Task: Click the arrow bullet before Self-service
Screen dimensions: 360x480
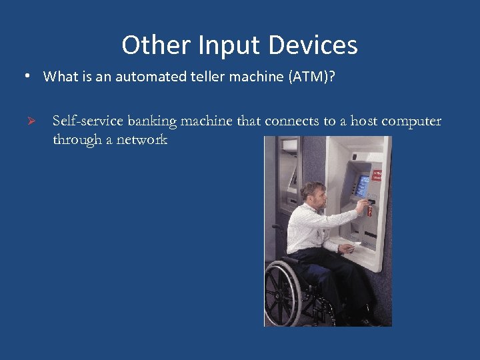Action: [29, 121]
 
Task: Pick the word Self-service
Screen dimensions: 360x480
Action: [87, 121]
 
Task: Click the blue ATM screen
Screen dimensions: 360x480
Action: [363, 187]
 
